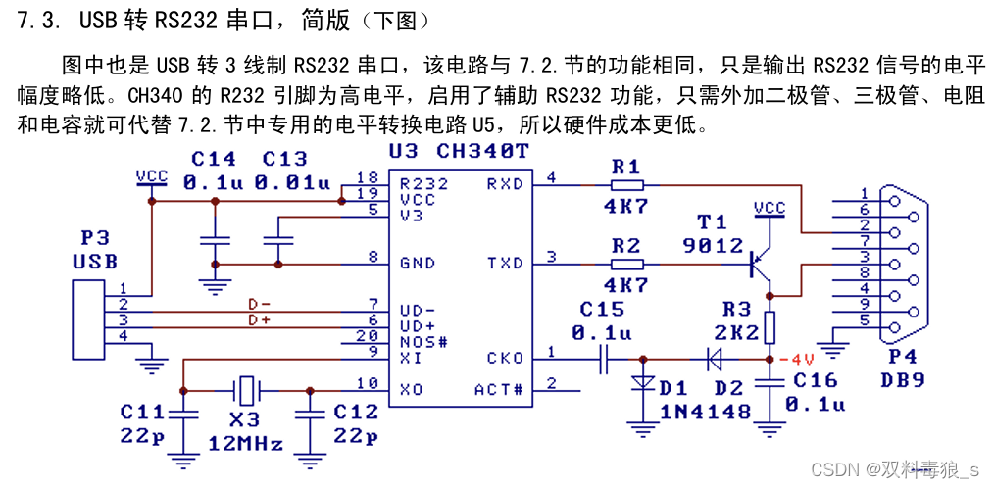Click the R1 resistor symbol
(626, 184)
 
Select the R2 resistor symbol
(626, 264)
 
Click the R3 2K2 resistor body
(770, 326)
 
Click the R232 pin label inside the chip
(422, 183)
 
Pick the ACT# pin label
(500, 390)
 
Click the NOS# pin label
(422, 342)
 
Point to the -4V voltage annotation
(802, 358)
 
